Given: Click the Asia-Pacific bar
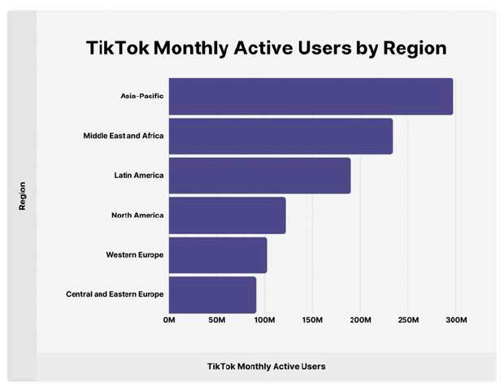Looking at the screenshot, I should (311, 97).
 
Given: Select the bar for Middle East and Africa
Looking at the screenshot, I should (280, 136).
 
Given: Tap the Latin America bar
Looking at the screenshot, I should (259, 176).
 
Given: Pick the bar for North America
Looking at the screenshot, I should (227, 215).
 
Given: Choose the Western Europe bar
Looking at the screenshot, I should (218, 255).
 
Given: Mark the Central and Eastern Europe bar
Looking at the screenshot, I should (212, 294).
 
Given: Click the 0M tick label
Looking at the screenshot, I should (169, 321).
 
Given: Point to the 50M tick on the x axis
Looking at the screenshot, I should (217, 321).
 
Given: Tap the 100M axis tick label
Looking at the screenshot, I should (265, 321).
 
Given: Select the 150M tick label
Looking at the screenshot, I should (313, 321).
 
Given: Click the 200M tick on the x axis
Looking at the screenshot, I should (361, 321).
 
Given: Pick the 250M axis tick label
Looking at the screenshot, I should (408, 321).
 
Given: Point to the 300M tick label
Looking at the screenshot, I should (456, 321).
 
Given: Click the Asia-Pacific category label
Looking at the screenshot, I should (142, 97).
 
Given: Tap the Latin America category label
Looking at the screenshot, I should (139, 176).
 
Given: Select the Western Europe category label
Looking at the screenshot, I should (135, 255).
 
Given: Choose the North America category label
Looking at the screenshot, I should (137, 215).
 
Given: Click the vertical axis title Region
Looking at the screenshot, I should (23, 196).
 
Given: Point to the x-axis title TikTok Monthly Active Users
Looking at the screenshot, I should (267, 366).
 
